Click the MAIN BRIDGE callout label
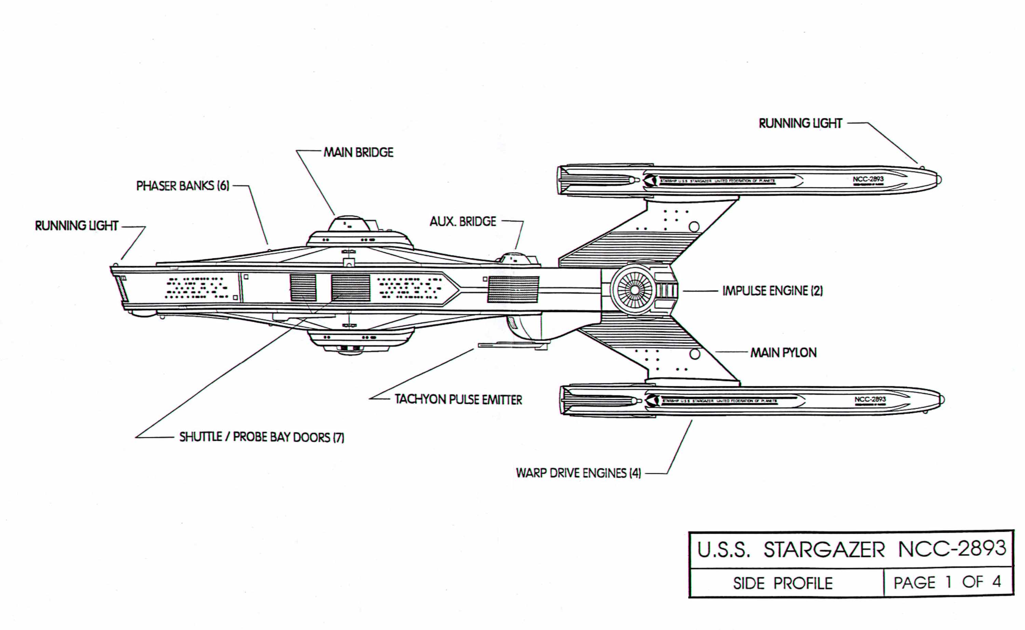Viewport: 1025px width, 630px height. [x=358, y=152]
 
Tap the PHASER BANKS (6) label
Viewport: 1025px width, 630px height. [x=182, y=186]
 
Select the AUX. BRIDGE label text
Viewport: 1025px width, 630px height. [x=463, y=221]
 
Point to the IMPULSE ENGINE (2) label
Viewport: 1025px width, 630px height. [x=773, y=291]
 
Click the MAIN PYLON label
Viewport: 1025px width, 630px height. [x=783, y=353]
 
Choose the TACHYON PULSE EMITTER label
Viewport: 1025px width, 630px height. [x=458, y=400]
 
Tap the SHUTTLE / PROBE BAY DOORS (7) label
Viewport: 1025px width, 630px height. [x=262, y=437]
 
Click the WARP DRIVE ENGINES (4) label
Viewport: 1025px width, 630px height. [x=578, y=473]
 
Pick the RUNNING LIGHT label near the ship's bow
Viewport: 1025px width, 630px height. [x=77, y=226]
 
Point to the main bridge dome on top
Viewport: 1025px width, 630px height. [x=349, y=224]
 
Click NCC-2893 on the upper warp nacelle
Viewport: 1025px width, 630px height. [x=868, y=179]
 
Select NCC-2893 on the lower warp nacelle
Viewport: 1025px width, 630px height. [x=870, y=399]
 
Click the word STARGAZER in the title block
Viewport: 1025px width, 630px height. [x=824, y=550]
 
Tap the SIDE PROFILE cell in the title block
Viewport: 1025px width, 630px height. [x=782, y=583]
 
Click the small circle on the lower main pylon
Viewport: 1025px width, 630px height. [x=694, y=354]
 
